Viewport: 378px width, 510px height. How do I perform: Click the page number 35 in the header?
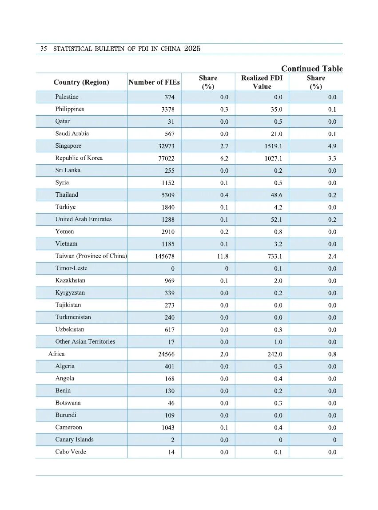pyautogui.click(x=44, y=49)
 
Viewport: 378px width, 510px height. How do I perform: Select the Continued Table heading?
pyautogui.click(x=312, y=69)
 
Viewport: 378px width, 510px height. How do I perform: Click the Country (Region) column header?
pyautogui.click(x=81, y=82)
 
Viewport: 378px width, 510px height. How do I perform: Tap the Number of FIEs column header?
pyautogui.click(x=154, y=82)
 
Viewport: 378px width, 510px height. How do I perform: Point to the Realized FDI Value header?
pyautogui.click(x=262, y=82)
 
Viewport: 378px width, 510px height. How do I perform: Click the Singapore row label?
pyautogui.click(x=68, y=146)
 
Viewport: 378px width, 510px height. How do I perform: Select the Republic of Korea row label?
pyautogui.click(x=79, y=158)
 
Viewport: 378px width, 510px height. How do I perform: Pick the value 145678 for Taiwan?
pyautogui.click(x=164, y=256)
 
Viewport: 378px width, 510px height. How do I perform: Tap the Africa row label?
pyautogui.click(x=56, y=354)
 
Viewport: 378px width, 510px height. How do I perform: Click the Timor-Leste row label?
pyautogui.click(x=72, y=268)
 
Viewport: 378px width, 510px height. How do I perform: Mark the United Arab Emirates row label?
pyautogui.click(x=84, y=219)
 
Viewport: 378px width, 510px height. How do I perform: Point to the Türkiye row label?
pyautogui.click(x=66, y=207)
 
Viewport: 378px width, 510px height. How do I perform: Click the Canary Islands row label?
pyautogui.click(x=75, y=440)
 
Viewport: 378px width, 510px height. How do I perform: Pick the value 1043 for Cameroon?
pyautogui.click(x=167, y=428)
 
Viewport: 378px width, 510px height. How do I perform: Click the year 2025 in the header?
pyautogui.click(x=192, y=49)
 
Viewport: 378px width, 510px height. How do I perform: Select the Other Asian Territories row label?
pyautogui.click(x=85, y=342)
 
